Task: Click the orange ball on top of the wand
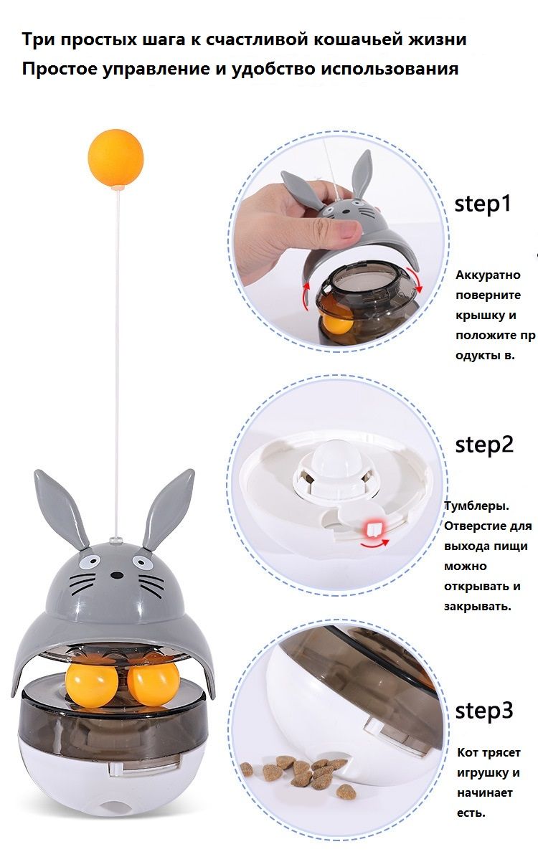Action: click(x=115, y=158)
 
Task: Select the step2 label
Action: click(x=483, y=445)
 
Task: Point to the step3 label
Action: click(x=483, y=711)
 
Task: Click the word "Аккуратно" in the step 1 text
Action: click(x=488, y=275)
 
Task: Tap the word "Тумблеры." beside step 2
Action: click(x=476, y=506)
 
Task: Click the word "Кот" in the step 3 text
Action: click(x=468, y=752)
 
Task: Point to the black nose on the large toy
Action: click(x=115, y=576)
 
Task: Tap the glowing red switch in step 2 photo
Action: click(x=374, y=529)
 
